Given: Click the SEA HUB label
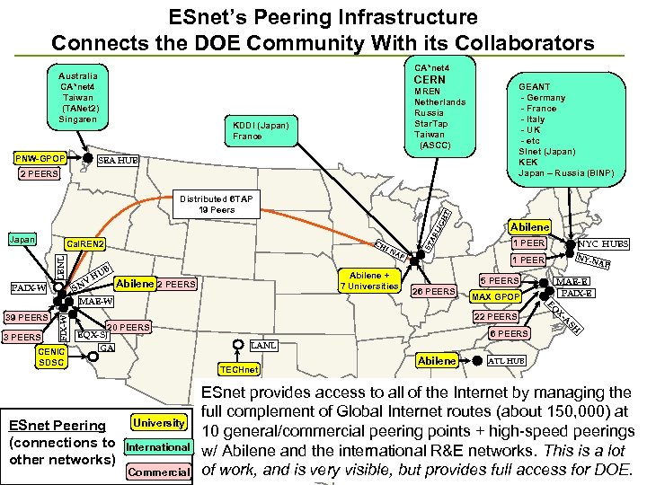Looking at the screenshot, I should [117, 160].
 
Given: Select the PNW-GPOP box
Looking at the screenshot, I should [40, 159].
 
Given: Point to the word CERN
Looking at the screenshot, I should [429, 79].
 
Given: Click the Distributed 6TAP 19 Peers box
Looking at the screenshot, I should [216, 204].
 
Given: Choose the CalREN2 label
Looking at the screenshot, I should [86, 244].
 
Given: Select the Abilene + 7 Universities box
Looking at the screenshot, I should [368, 281].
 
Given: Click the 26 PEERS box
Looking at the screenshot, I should [433, 291].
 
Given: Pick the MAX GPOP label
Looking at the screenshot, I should [496, 296].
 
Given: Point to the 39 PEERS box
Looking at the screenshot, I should [27, 318].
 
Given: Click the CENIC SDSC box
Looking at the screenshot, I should [51, 357].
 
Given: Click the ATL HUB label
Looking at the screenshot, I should [507, 361].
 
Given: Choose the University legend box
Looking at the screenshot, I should [159, 422].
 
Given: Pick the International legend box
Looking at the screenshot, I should [158, 446].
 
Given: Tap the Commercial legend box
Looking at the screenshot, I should [159, 472].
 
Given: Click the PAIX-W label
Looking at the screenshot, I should [28, 288].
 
